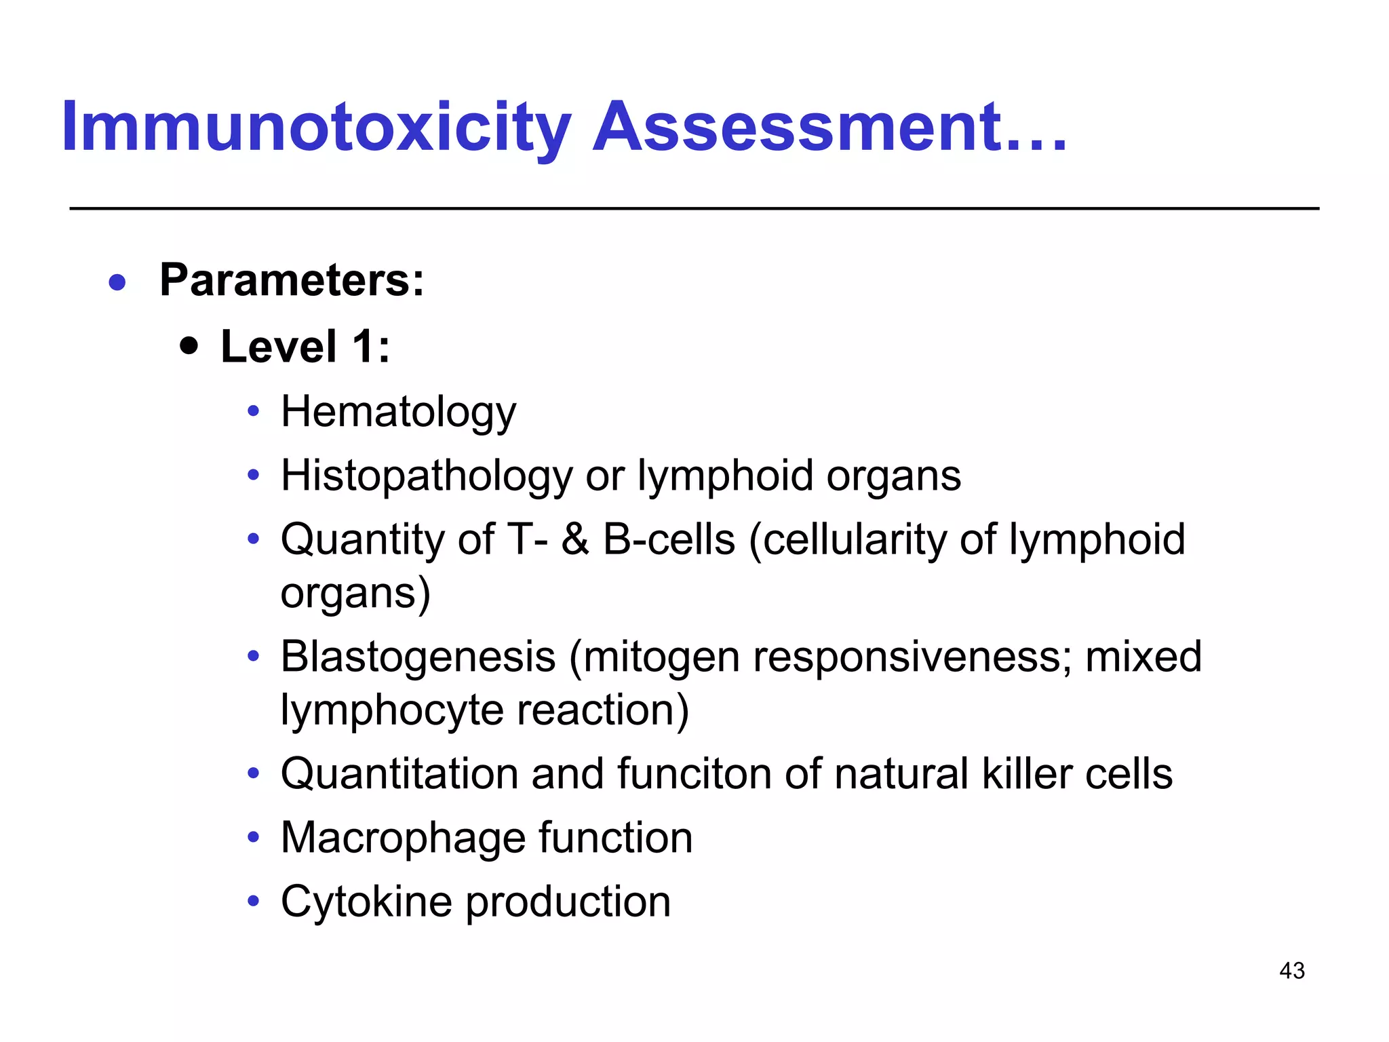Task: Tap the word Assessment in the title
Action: [x=798, y=128]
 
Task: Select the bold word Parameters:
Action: [x=292, y=280]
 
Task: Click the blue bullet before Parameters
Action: [x=117, y=282]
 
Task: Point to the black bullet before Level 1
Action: [x=189, y=347]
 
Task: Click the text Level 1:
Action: [x=305, y=347]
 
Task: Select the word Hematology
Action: [x=398, y=412]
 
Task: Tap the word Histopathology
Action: [x=427, y=476]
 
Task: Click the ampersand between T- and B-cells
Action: [x=575, y=540]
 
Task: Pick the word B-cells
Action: [x=669, y=540]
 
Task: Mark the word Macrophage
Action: [x=404, y=838]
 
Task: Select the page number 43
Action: [x=1291, y=971]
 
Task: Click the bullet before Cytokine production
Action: [x=254, y=902]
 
